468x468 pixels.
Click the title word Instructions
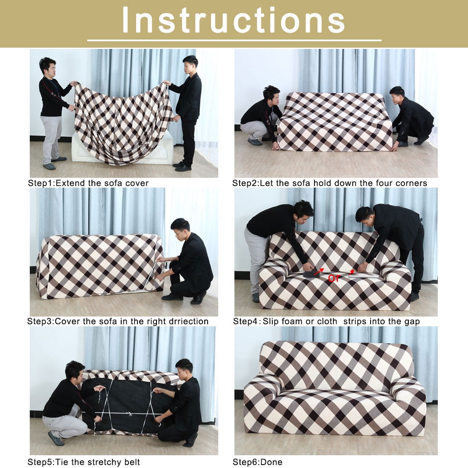(234, 20)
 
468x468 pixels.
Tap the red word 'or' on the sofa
(334, 278)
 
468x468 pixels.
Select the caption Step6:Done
(257, 462)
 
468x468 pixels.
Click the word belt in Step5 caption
(132, 462)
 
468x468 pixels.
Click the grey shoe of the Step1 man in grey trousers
(49, 166)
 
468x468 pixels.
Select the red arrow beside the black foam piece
(319, 271)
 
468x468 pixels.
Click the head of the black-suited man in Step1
(190, 65)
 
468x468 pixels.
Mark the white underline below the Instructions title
(234, 40)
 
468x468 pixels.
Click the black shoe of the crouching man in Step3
(172, 297)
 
